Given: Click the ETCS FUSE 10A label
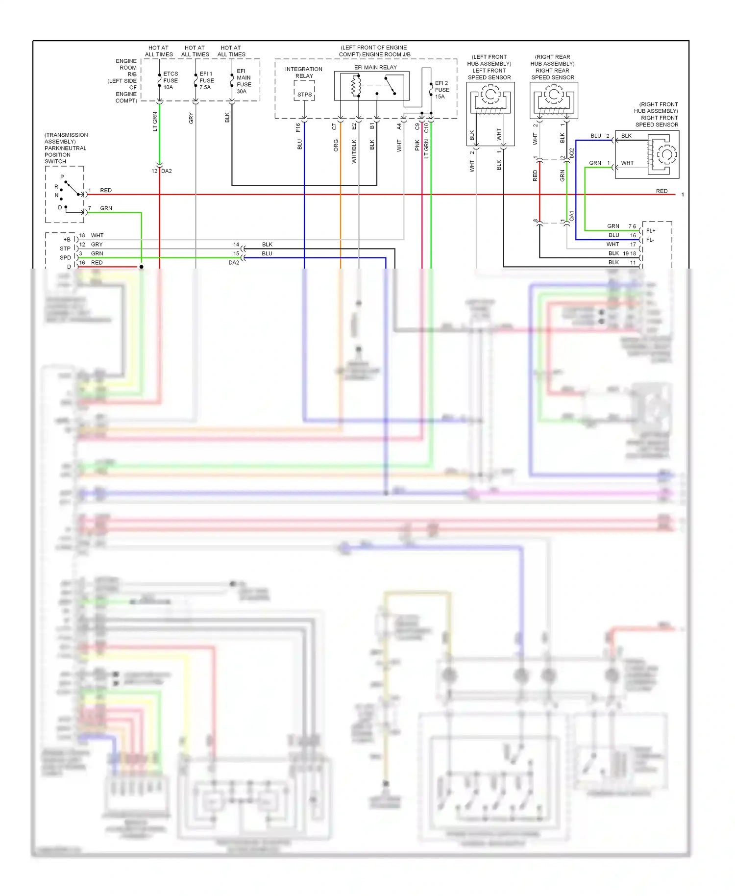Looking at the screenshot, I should [170, 80].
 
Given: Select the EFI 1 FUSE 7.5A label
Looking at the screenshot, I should [206, 80].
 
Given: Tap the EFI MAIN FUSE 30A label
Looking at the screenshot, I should [244, 81].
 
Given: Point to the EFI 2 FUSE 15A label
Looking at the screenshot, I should [441, 90].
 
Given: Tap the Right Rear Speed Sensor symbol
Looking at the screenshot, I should [554, 100].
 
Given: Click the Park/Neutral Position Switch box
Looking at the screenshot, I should [65, 194].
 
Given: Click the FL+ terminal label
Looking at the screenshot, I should [651, 231].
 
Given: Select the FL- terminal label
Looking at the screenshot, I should [650, 240].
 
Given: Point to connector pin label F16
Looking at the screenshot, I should [298, 127].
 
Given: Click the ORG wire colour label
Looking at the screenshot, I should [336, 145].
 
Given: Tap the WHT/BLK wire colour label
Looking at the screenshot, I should [354, 151].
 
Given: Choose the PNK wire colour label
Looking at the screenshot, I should [417, 145].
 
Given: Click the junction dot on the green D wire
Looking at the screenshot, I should [141, 267].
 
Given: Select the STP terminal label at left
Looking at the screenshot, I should [65, 249].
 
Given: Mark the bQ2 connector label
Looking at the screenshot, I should [572, 152].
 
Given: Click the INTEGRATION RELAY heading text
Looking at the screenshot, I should [304, 73].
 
